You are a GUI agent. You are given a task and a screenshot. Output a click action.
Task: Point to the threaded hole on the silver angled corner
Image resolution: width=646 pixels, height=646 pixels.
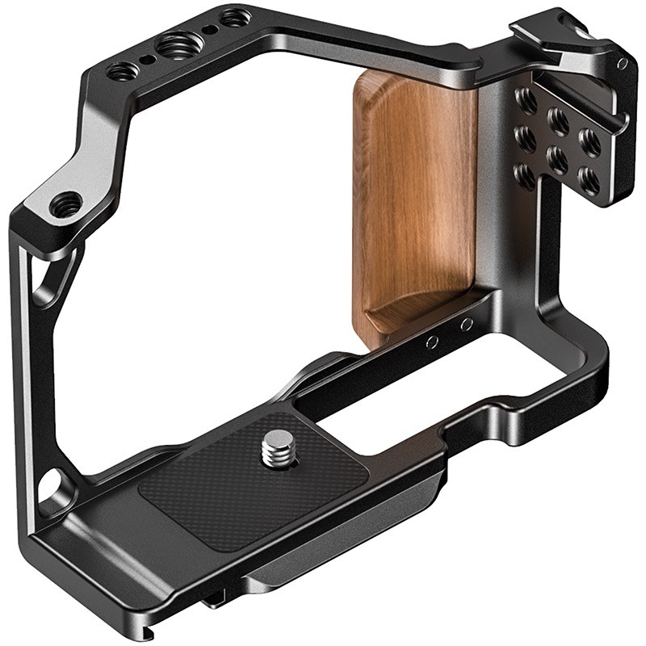tap(65, 203)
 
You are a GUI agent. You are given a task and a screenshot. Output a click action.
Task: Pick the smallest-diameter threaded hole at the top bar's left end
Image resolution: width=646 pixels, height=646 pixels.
tap(119, 72)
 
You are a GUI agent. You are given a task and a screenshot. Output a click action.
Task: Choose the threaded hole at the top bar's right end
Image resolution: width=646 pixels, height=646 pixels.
tap(234, 17)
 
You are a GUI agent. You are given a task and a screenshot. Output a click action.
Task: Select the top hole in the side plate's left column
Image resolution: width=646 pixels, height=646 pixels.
tap(526, 100)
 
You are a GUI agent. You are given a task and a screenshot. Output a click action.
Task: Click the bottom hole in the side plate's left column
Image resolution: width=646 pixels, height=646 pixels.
tap(522, 175)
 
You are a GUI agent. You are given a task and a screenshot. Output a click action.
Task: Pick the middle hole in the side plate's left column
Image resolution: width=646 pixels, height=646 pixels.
tap(524, 137)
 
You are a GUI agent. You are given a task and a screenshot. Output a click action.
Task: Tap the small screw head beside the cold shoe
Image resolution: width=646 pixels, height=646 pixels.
tap(622, 63)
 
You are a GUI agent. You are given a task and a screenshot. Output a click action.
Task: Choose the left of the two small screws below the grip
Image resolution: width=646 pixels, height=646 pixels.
tap(433, 342)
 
